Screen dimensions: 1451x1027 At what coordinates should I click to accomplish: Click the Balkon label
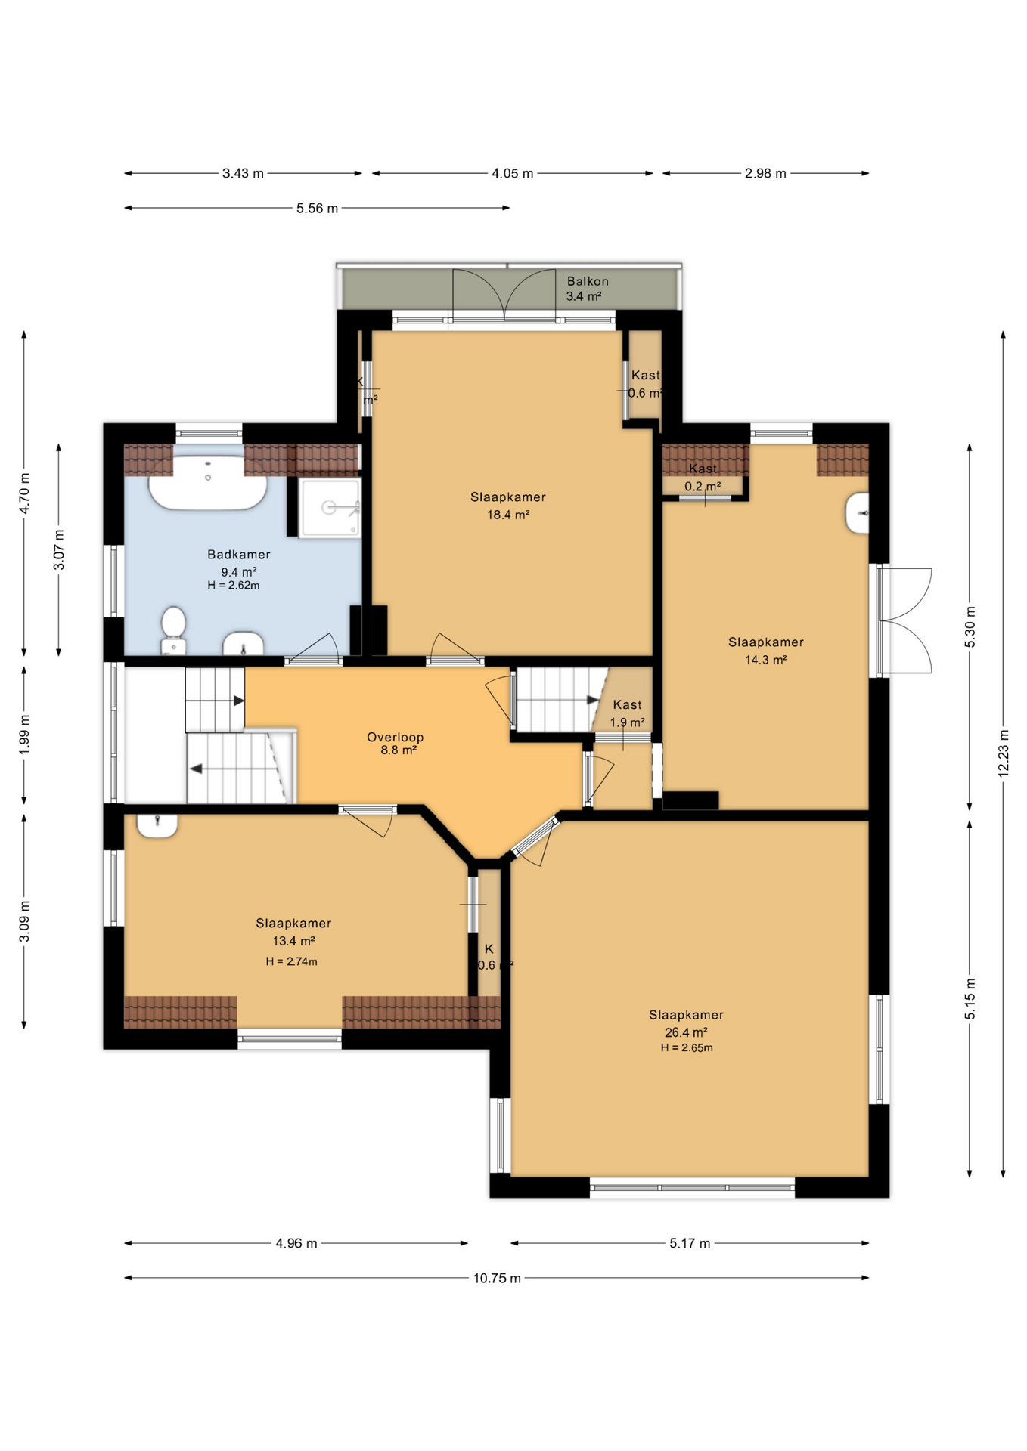pos(587,281)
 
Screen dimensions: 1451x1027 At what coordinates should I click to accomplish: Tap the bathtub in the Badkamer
pos(207,484)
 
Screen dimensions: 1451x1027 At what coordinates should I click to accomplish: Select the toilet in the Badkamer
pos(173,629)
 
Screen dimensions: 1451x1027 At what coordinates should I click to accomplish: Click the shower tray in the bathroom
pos(330,508)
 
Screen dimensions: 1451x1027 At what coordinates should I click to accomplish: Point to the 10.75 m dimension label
pos(497,1279)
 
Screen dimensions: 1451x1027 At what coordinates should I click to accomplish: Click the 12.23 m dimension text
pos(1003,753)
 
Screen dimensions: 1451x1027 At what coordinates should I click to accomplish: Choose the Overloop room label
pos(395,737)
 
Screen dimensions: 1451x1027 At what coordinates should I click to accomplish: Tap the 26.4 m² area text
pos(685,1032)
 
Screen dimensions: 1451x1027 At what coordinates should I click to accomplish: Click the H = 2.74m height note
pos(291,961)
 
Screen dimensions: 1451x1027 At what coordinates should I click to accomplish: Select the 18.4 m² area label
pos(507,515)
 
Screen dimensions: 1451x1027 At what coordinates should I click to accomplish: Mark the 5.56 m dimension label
pos(317,208)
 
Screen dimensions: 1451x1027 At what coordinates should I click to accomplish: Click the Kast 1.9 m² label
pos(627,713)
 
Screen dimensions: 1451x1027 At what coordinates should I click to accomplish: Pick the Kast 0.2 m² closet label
pos(703,478)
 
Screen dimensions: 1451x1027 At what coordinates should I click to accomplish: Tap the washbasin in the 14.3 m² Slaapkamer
pos(858,513)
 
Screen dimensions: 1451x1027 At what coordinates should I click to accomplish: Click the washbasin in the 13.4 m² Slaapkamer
pos(157,824)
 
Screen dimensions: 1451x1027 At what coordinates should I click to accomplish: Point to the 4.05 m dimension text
pos(512,173)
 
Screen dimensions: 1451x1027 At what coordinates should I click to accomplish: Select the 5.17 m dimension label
pos(689,1243)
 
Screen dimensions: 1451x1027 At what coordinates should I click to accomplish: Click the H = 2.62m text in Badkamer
pos(233,585)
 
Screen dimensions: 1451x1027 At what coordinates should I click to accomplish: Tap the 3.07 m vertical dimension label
pos(59,549)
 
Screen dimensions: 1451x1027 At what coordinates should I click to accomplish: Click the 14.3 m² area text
pos(765,660)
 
